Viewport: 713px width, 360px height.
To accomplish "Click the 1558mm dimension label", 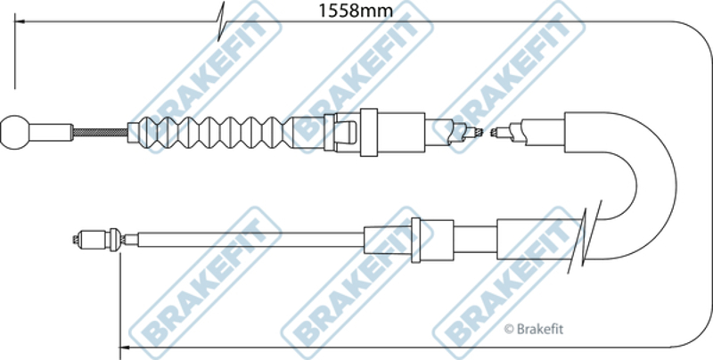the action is (355, 10).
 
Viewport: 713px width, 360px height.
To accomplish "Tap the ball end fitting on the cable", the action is (14, 132).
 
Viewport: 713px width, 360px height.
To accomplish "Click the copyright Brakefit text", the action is (534, 329).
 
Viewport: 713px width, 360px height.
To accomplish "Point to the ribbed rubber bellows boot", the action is (215, 132).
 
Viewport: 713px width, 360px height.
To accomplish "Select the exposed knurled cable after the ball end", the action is (100, 132).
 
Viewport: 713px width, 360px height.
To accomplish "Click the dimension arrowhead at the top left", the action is (20, 21).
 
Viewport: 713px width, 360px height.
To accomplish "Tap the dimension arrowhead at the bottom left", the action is (126, 348).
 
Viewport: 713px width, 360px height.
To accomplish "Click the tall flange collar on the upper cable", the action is (369, 132).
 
